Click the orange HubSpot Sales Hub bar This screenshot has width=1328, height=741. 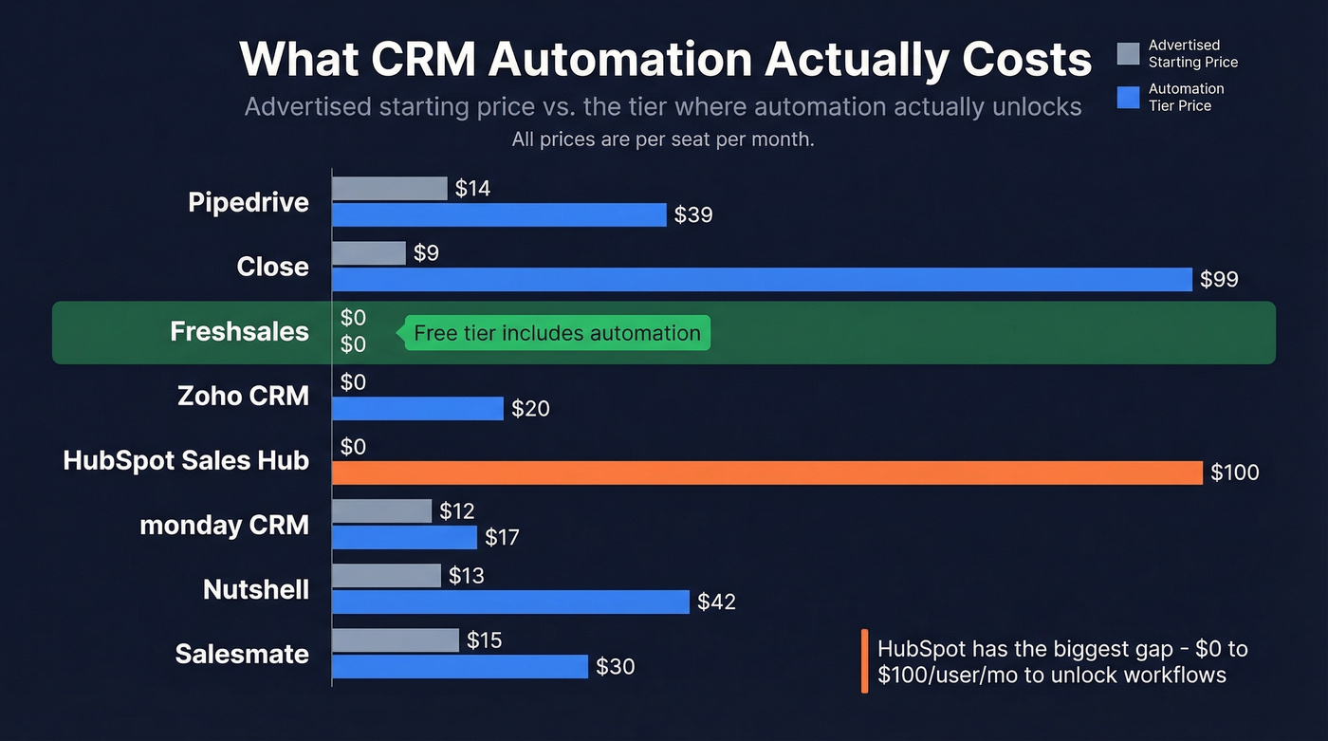click(766, 472)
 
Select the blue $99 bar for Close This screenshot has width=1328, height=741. click(762, 279)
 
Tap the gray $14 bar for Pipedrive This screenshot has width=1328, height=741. click(390, 189)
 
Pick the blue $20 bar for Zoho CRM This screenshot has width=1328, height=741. click(417, 408)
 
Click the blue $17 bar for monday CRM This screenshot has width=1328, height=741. click(404, 537)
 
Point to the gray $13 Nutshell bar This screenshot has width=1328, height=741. click(387, 575)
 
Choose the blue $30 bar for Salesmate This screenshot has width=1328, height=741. click(460, 666)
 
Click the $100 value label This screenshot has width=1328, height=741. click(1234, 472)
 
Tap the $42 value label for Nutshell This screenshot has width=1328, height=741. click(716, 602)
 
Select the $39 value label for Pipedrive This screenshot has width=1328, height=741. click(692, 215)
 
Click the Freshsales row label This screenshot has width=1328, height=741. click(239, 332)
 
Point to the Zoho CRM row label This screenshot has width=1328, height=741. click(243, 396)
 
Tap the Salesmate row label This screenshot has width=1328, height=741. click(242, 654)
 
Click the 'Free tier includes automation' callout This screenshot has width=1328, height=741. click(558, 333)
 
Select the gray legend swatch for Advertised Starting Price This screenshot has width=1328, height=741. click(1128, 54)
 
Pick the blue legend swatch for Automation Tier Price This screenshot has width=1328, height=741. click(1128, 98)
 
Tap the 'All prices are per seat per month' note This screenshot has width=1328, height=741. click(663, 139)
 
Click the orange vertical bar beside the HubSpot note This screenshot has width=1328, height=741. click(864, 661)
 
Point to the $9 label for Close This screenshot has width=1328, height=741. click(427, 253)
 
